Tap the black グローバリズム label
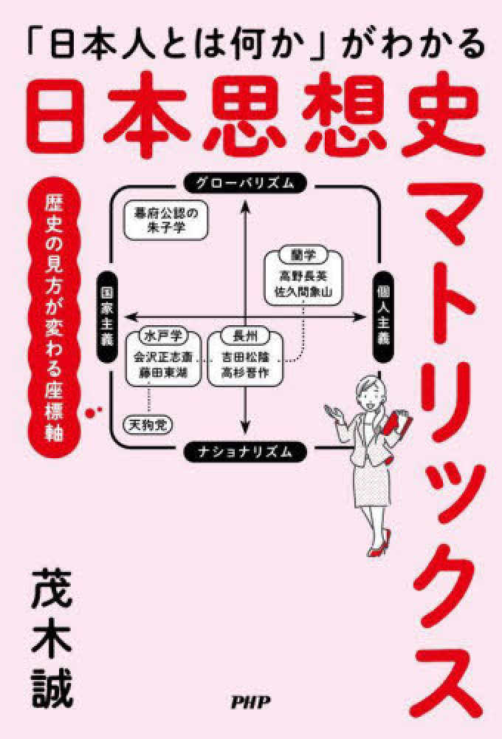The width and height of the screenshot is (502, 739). pyautogui.click(x=245, y=183)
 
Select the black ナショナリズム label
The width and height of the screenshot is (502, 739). pyautogui.click(x=245, y=452)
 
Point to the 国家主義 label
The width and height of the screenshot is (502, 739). pyautogui.click(x=106, y=317)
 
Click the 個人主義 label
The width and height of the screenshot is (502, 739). pyautogui.click(x=383, y=317)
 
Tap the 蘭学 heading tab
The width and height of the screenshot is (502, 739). pyautogui.click(x=303, y=255)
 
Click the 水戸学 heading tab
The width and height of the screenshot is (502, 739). pyautogui.click(x=163, y=336)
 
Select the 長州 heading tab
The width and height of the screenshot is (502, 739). pyautogui.click(x=245, y=336)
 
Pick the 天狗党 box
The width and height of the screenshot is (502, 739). pyautogui.click(x=148, y=425)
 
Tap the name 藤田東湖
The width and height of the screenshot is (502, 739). pyautogui.click(x=163, y=373)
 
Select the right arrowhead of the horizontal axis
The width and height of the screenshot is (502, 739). pyautogui.click(x=360, y=317)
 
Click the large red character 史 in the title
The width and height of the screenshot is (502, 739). pyautogui.click(x=443, y=115)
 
